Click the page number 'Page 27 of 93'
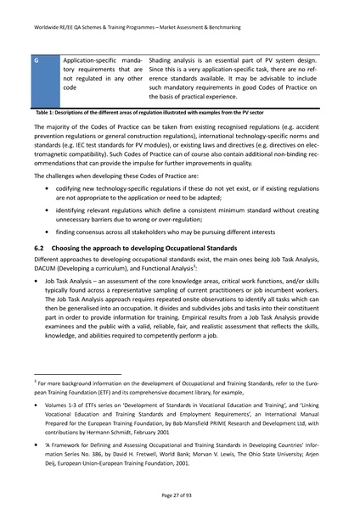(179, 493)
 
